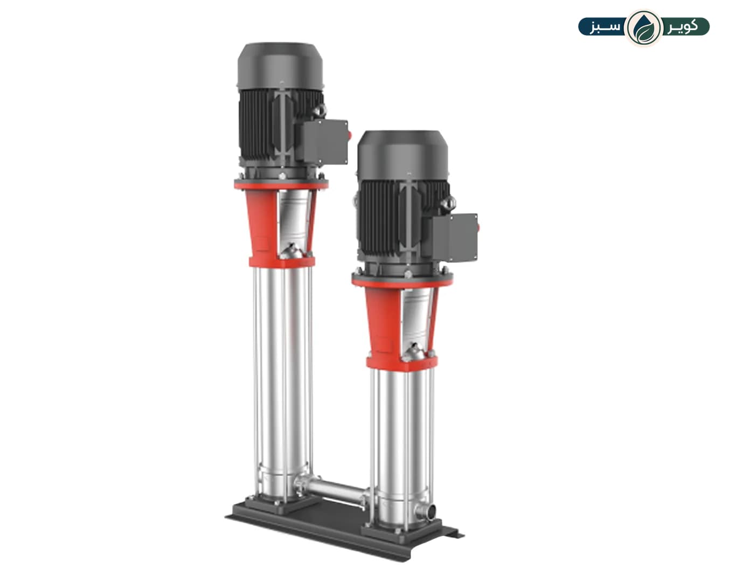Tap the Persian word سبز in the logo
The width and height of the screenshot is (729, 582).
click(606, 27)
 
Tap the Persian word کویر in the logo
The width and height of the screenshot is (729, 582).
click(683, 27)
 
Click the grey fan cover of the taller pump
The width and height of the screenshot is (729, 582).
click(280, 66)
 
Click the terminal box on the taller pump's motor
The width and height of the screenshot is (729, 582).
click(324, 141)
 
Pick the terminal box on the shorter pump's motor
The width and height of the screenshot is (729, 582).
click(454, 238)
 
